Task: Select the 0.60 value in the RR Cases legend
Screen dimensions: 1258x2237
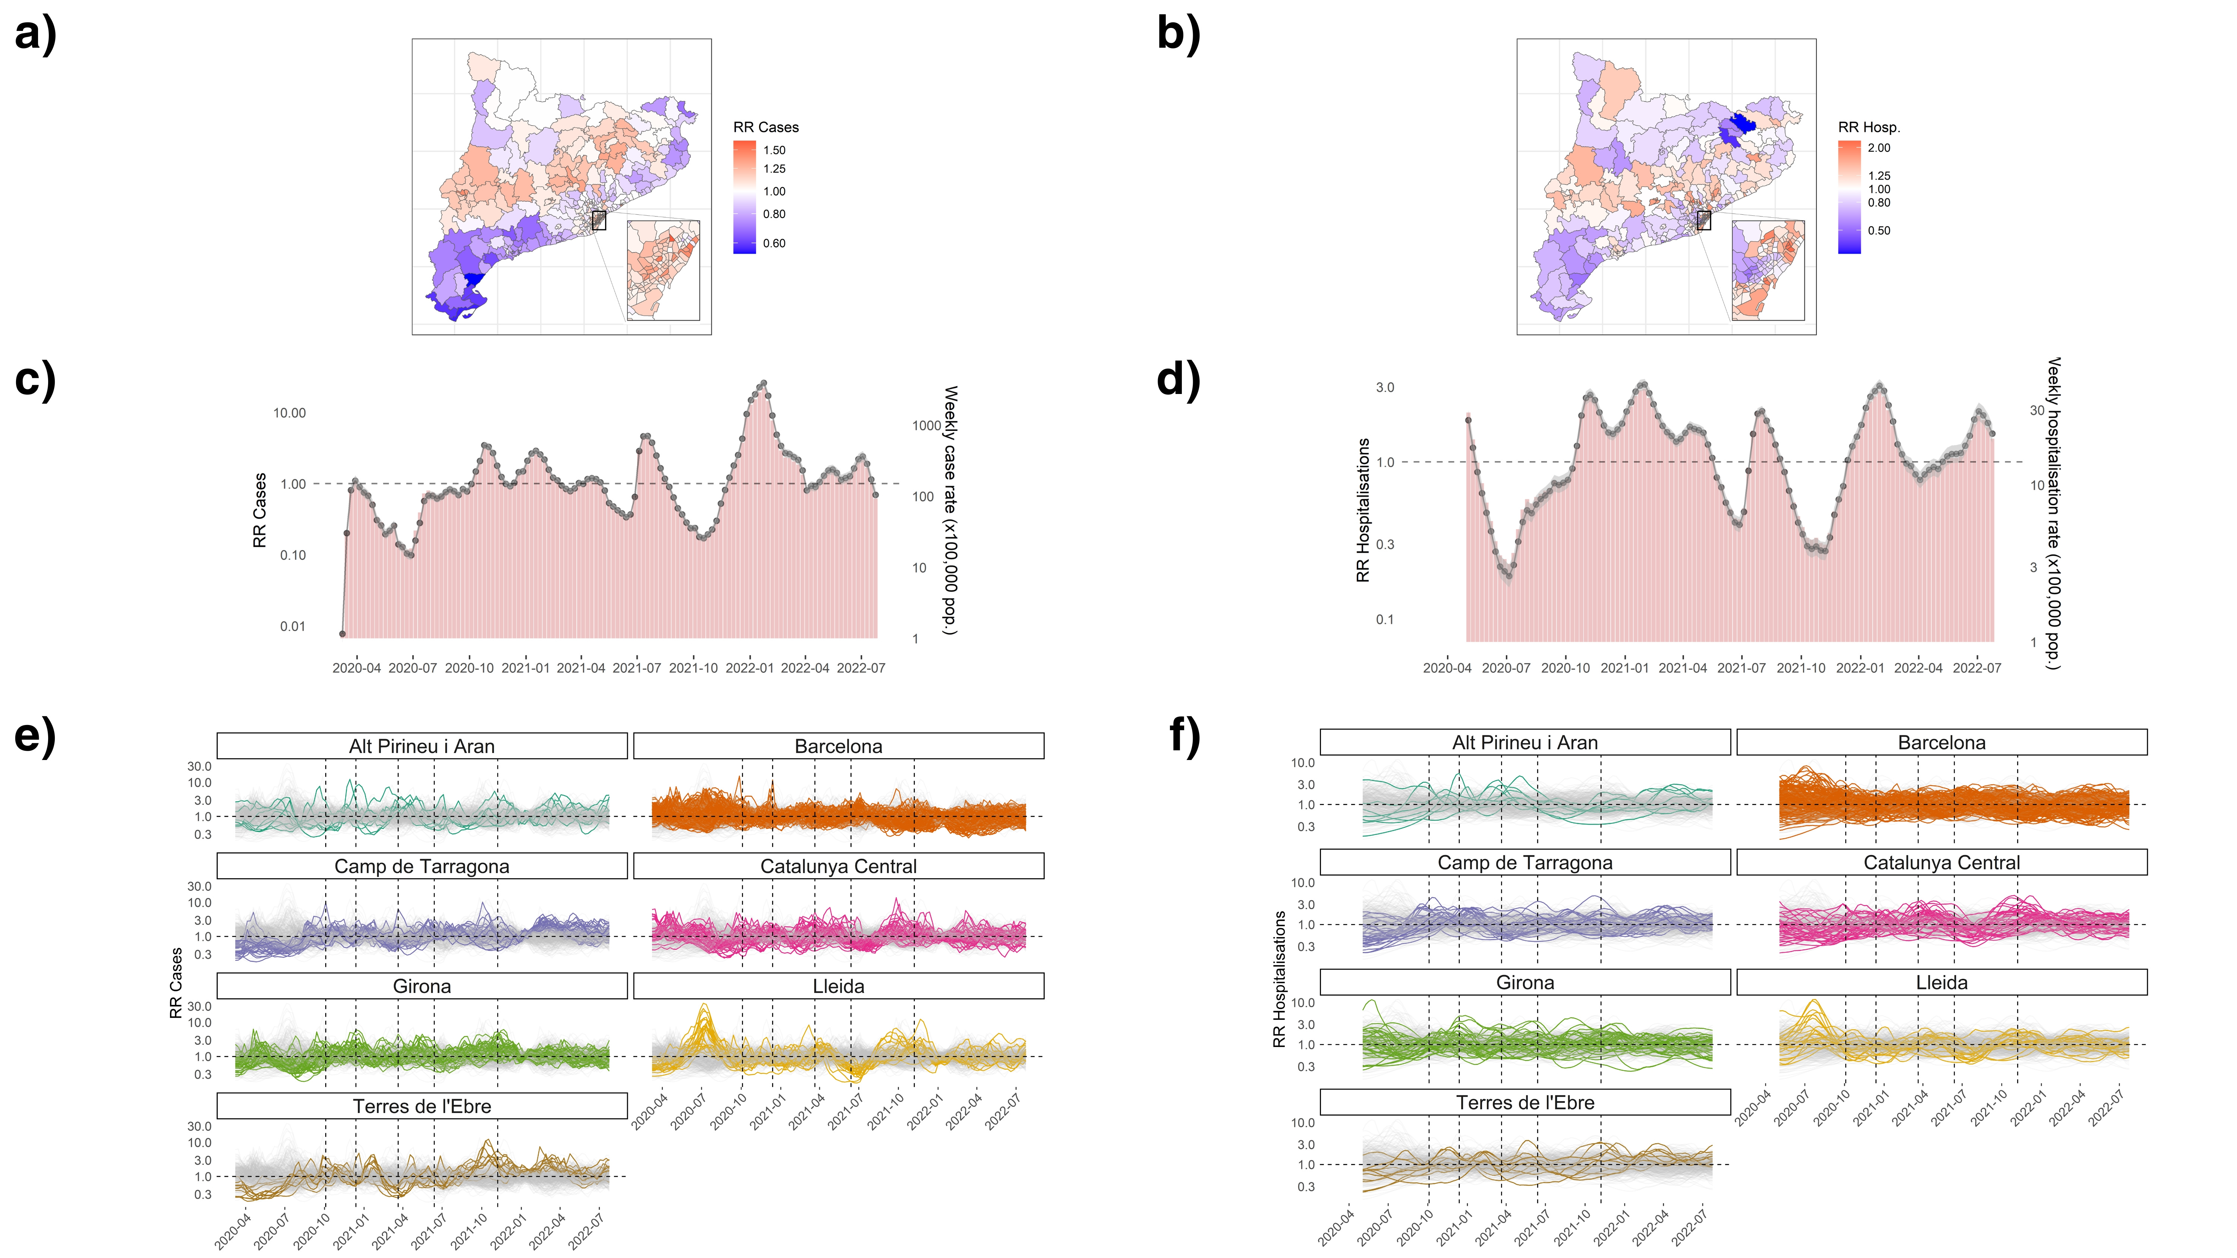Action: pos(774,243)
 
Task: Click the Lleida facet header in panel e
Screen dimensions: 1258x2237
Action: pos(838,986)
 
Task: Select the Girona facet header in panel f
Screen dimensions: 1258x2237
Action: pos(1525,983)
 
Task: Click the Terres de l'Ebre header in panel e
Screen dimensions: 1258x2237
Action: pos(422,1106)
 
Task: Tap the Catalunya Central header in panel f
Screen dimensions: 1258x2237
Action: pos(1942,863)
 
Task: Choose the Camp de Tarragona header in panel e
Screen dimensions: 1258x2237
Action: pos(422,867)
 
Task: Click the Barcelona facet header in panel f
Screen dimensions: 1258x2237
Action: pos(1942,743)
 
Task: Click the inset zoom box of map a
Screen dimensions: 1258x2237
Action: pos(664,270)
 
